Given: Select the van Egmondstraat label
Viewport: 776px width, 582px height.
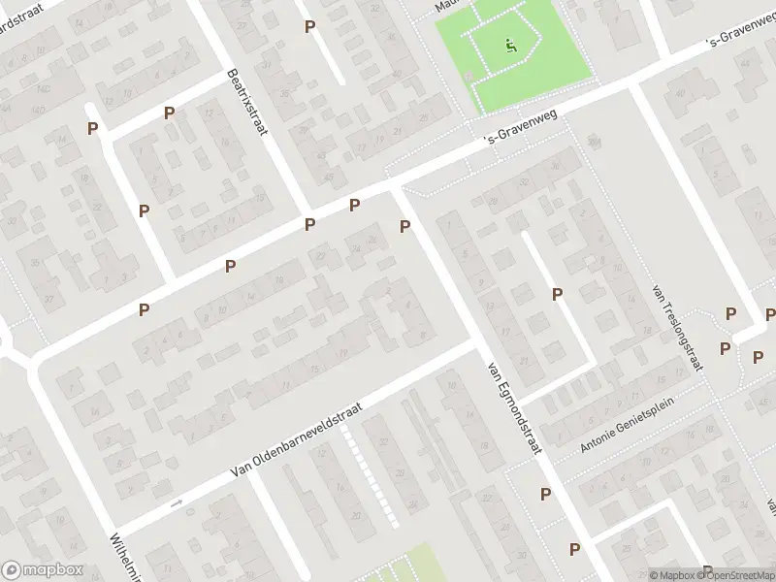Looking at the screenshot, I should (514, 405).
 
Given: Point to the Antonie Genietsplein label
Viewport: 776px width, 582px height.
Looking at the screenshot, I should (627, 431).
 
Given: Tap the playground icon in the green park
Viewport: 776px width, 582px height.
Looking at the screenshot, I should (511, 44).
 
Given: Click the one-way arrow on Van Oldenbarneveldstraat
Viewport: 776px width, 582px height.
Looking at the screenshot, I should (176, 503).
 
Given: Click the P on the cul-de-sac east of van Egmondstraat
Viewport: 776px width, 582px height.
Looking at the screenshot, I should (558, 294).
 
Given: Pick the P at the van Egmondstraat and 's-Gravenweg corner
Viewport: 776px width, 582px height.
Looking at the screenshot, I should (405, 227).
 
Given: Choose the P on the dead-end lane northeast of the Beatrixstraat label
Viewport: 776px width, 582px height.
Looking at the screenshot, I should (310, 27).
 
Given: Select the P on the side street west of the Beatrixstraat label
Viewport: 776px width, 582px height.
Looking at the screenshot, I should (170, 113).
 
